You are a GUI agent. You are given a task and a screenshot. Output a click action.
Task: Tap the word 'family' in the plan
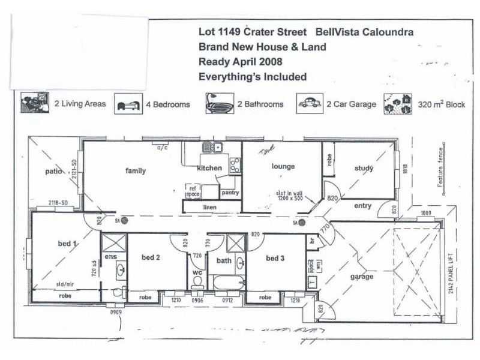[x=136, y=171]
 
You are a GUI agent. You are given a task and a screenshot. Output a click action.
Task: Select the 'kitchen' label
[x=210, y=168]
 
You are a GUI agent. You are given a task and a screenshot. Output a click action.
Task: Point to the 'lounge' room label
[x=283, y=166]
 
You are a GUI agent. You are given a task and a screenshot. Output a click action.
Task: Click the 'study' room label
[x=364, y=169]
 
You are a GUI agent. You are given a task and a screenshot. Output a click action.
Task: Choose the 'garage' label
[x=362, y=277]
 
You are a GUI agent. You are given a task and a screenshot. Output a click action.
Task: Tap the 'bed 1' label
[x=67, y=244]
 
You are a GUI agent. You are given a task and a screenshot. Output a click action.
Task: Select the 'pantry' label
[x=230, y=193]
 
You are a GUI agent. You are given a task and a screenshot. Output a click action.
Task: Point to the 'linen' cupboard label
[x=209, y=208]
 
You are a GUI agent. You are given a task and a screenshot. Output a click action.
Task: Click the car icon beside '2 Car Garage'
[x=310, y=103]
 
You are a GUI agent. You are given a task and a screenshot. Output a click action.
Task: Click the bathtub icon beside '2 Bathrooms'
[x=220, y=103]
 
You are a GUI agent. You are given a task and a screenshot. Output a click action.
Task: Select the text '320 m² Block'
[x=442, y=104]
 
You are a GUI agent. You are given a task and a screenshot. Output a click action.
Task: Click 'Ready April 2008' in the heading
[x=240, y=61]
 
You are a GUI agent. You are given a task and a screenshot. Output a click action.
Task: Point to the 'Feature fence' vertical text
[x=440, y=168]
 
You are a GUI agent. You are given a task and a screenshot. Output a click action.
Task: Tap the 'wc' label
[x=197, y=272]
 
